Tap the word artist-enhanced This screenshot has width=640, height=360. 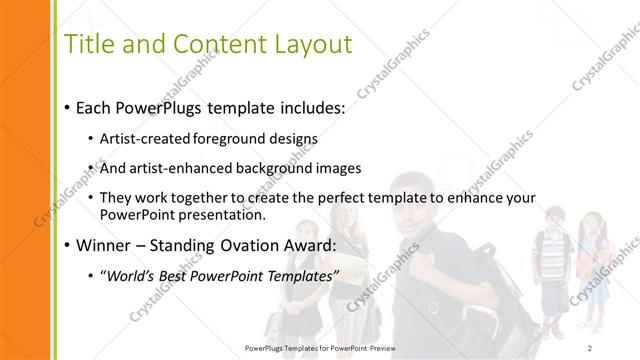(180, 168)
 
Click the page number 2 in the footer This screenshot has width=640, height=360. (592, 347)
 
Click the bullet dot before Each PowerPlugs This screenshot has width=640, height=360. (66, 106)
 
